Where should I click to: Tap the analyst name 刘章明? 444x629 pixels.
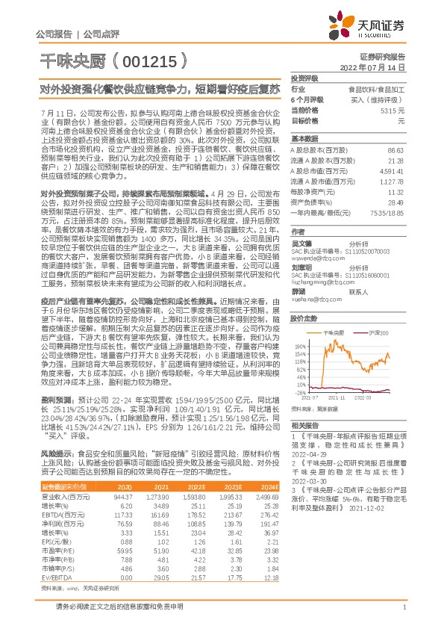[x=301, y=267]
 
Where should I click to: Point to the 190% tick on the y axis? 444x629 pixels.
[x=300, y=326]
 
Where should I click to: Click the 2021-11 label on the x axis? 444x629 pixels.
[x=337, y=399]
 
